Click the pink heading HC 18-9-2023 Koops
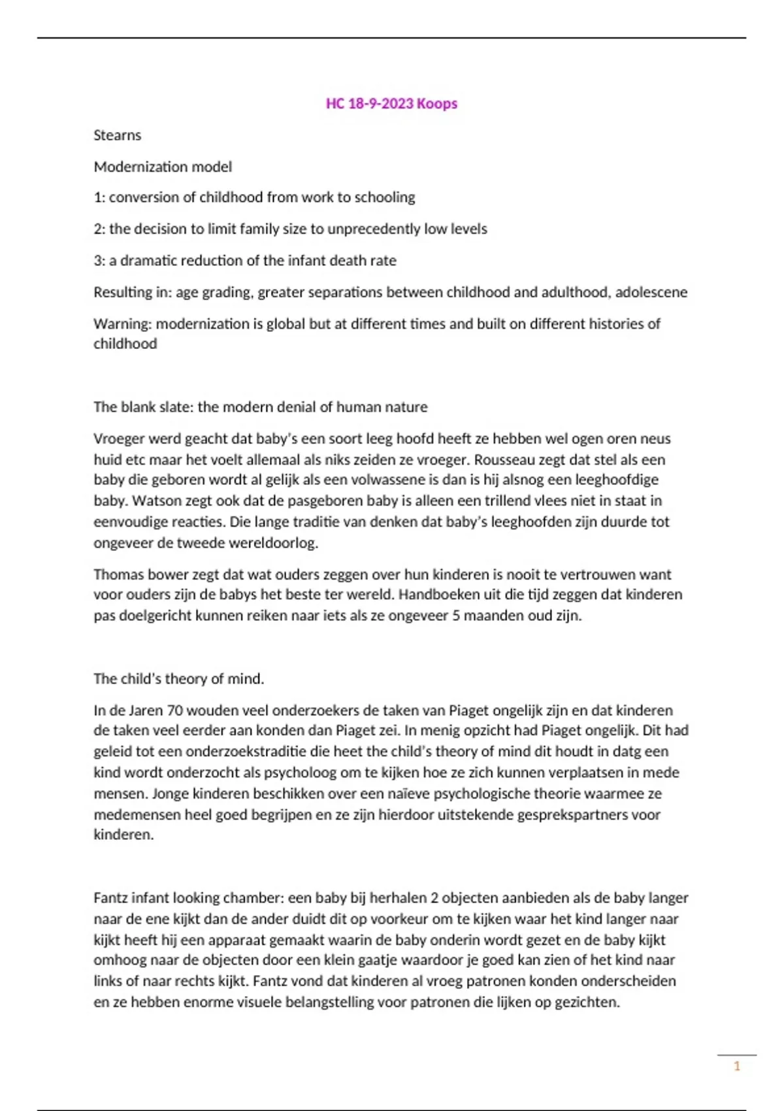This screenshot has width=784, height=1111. (x=391, y=103)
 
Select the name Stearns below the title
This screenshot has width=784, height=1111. (x=117, y=135)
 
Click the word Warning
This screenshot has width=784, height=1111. (x=122, y=324)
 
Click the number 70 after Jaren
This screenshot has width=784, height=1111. (x=174, y=710)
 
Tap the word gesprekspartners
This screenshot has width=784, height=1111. (x=562, y=815)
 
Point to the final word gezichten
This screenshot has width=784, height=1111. (x=587, y=1003)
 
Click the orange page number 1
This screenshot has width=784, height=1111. (x=737, y=1067)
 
